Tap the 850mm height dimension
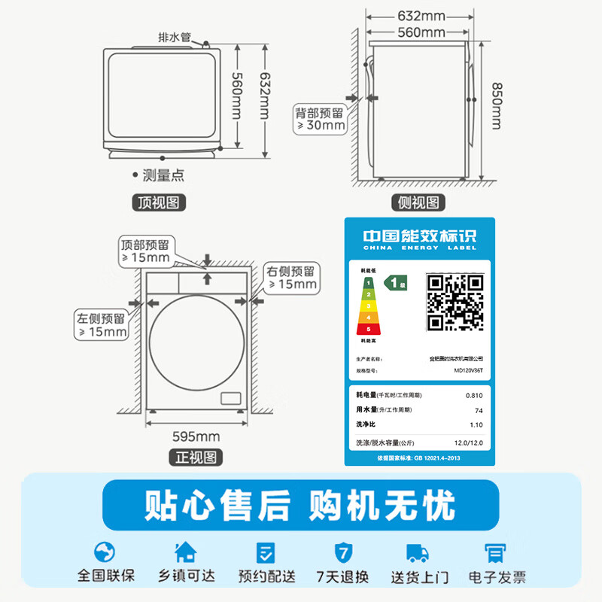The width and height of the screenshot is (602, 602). click(496, 105)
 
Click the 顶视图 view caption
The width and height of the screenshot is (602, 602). click(158, 201)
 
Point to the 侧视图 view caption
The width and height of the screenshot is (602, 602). click(419, 202)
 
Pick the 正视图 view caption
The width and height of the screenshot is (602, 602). click(195, 457)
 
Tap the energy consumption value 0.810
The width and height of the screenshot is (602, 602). click(474, 395)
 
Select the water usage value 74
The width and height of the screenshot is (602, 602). click(479, 410)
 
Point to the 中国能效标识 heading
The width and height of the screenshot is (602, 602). click(419, 234)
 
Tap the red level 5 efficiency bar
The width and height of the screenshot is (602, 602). click(369, 329)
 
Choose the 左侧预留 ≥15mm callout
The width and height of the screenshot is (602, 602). click(102, 324)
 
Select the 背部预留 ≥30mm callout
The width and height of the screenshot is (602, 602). click(320, 119)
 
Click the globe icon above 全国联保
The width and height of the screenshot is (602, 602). click(106, 552)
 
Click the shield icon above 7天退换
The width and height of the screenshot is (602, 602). click(342, 552)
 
